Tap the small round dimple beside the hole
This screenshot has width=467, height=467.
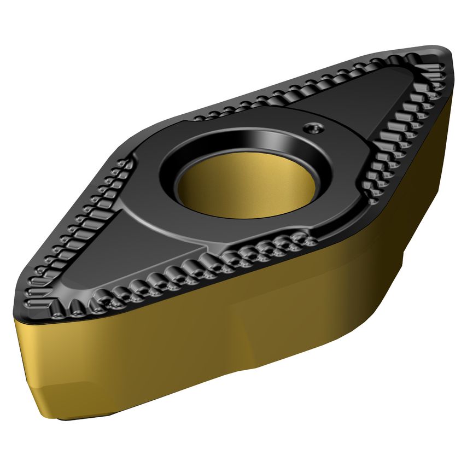pos(313,128)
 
